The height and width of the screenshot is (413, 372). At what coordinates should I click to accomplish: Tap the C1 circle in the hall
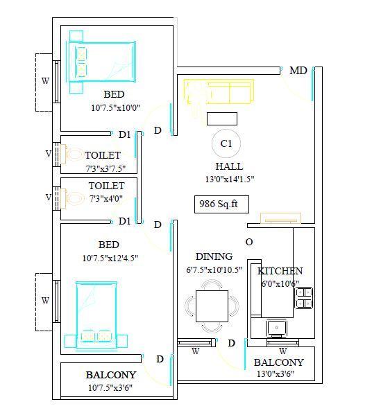pos(226,143)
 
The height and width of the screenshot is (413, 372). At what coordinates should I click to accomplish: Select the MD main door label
pos(298,71)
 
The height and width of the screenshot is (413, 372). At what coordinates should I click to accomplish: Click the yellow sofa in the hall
pos(219,92)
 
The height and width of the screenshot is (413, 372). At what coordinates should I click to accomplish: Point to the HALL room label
pos(229,166)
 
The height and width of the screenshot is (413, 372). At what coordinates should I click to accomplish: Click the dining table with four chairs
pos(212,305)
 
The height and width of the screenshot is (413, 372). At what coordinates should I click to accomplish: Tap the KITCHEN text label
pos(280,271)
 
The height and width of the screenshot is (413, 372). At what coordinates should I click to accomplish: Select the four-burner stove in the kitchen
pos(305,297)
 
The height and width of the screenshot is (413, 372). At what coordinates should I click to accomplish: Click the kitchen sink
pos(276,326)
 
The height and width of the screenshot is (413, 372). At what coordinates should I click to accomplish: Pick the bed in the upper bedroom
pos(101,60)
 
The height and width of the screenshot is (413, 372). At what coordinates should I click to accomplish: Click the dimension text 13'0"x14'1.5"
pos(228,179)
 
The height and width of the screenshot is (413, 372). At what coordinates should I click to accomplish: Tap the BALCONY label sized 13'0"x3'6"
pos(278,362)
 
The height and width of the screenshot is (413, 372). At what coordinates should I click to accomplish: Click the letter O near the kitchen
pos(248,242)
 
